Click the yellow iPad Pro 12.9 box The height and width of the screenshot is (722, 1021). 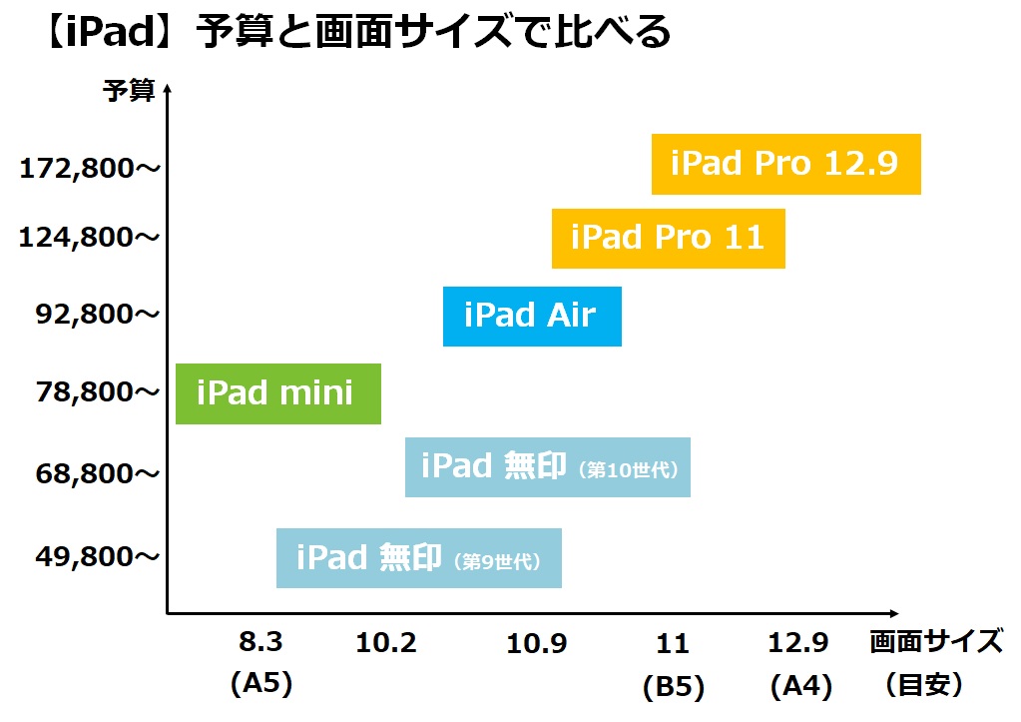[x=785, y=164]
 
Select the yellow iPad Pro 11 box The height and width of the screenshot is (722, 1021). [x=668, y=239]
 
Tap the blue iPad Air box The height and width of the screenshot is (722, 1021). [x=532, y=316]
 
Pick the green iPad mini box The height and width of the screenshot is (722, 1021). [x=278, y=393]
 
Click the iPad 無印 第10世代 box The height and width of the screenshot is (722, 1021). [x=548, y=467]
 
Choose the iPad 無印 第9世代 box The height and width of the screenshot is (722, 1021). [x=419, y=558]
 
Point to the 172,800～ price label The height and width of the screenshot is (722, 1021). [x=90, y=169]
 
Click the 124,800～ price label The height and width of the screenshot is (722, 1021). [x=89, y=238]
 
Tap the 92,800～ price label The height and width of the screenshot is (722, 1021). [x=98, y=315]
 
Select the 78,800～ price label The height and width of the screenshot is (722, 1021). [x=98, y=391]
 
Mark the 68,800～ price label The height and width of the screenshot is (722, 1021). [x=98, y=473]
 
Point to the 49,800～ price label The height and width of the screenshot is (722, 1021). [x=98, y=556]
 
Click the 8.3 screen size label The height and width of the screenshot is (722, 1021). [x=260, y=642]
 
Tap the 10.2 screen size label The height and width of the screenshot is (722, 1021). [x=386, y=643]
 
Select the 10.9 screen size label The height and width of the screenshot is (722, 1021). [x=537, y=644]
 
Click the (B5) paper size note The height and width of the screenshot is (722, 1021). [x=674, y=687]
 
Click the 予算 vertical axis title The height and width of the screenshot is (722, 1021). [x=129, y=91]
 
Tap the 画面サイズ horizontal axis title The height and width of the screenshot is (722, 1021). [x=936, y=642]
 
